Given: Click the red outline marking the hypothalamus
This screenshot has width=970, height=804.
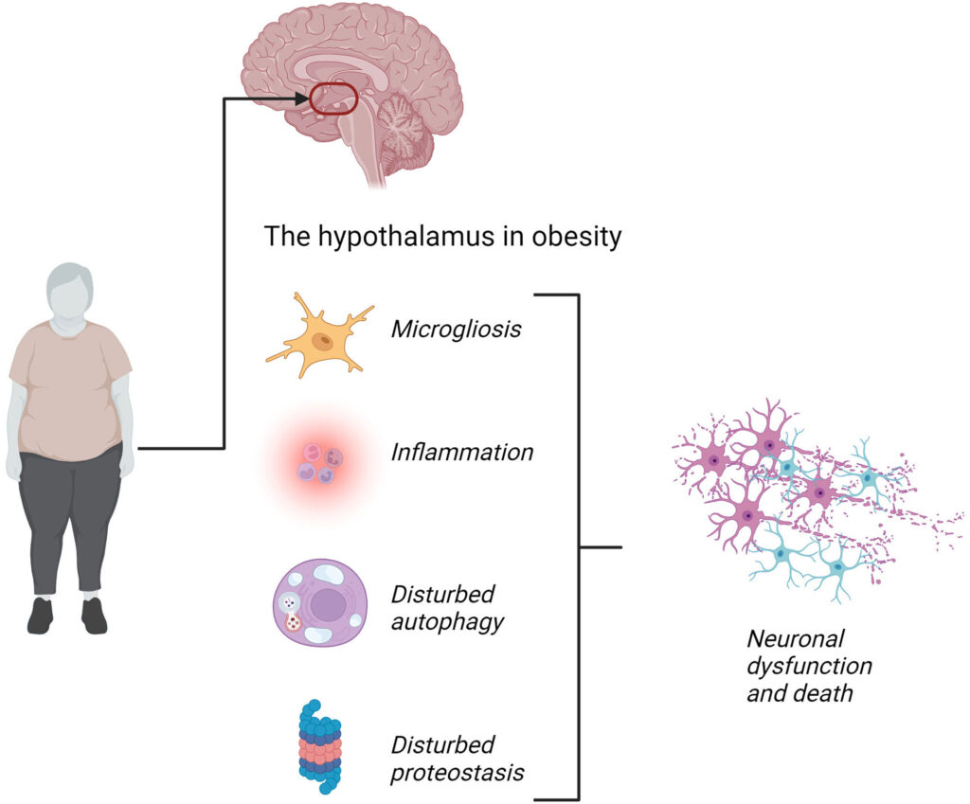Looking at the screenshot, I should point(333,85).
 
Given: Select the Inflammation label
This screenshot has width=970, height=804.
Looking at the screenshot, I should point(462,453).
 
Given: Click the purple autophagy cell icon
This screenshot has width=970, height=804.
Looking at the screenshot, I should point(319,602).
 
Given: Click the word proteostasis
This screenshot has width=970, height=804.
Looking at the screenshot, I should point(458,772).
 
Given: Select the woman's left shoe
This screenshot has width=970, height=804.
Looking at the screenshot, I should point(95,616).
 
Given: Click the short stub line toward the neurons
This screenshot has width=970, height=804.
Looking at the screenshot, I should point(600,547).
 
